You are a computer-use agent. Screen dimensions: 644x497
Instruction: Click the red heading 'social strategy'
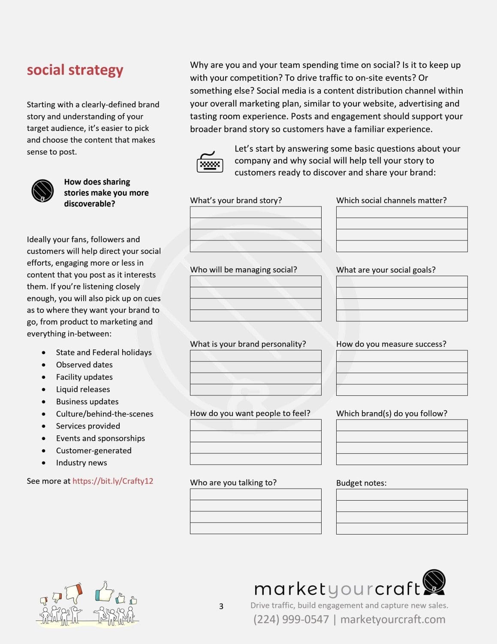pyautogui.click(x=75, y=70)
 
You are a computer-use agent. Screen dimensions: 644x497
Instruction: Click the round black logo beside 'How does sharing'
pyautogui.click(x=42, y=191)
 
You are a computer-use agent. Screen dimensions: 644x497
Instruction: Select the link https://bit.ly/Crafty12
pyautogui.click(x=113, y=481)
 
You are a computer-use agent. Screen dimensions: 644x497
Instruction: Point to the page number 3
pyautogui.click(x=221, y=606)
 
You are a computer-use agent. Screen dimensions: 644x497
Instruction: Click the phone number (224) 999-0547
pyautogui.click(x=291, y=619)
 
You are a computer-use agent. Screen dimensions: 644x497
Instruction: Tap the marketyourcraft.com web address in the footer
pyautogui.click(x=393, y=619)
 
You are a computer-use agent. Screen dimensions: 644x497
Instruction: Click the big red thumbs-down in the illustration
pyautogui.click(x=74, y=592)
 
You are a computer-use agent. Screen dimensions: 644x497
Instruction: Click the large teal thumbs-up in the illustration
pyautogui.click(x=104, y=592)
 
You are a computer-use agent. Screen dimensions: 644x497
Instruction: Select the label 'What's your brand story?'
pyautogui.click(x=236, y=200)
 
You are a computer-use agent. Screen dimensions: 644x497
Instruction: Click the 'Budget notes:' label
pyautogui.click(x=361, y=483)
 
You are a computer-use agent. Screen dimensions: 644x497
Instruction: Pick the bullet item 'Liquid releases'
pyautogui.click(x=83, y=389)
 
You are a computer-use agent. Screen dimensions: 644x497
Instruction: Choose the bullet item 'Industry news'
pyautogui.click(x=81, y=462)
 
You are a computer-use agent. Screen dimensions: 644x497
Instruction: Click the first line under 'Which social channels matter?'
pyautogui.click(x=402, y=212)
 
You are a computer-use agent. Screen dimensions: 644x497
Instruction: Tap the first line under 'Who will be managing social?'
pyautogui.click(x=256, y=281)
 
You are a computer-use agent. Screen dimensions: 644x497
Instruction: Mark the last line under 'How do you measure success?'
pyautogui.click(x=402, y=390)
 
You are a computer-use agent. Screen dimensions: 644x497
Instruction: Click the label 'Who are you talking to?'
pyautogui.click(x=233, y=482)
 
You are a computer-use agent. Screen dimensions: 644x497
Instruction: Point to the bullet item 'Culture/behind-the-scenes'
pyautogui.click(x=105, y=413)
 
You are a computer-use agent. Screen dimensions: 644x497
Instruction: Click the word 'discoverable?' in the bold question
pyautogui.click(x=90, y=204)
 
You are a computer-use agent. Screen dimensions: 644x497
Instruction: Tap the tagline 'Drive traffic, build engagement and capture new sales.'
pyautogui.click(x=349, y=605)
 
